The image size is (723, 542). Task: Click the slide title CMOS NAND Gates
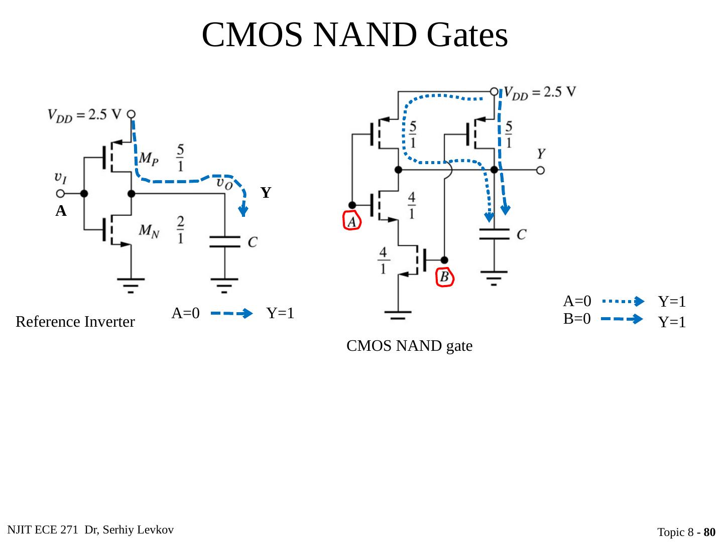pos(354,35)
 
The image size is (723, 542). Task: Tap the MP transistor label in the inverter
pos(149,159)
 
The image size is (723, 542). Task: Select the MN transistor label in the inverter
pos(149,231)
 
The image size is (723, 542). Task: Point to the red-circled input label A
pos(352,221)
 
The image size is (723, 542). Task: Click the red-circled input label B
pos(444,277)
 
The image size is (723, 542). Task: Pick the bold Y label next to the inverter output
pos(266,193)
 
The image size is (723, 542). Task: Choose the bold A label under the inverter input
pos(61,211)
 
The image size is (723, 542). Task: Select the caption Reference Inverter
pos(75,322)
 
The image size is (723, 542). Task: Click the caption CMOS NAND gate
pos(410,346)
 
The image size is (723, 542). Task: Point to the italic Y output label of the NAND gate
pos(541,153)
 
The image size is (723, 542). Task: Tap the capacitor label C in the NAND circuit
pos(522,234)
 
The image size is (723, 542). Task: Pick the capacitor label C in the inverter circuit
pos(253,242)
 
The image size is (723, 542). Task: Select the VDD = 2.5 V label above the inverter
pos(84,115)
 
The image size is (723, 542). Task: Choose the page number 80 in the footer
pos(709,532)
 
